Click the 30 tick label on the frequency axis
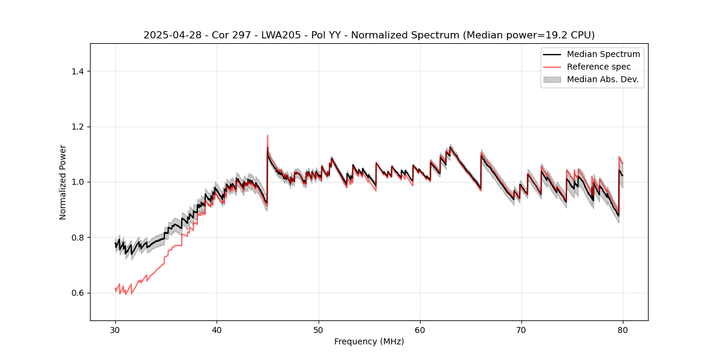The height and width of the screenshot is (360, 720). (x=115, y=329)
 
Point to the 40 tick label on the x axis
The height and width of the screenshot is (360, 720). (x=217, y=329)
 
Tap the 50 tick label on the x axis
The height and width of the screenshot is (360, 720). (x=319, y=329)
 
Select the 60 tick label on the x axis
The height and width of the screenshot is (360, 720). (x=420, y=329)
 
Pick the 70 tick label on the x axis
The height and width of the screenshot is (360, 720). (x=521, y=329)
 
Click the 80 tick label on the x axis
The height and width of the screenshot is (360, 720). (x=623, y=329)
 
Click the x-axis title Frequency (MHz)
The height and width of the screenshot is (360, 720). (x=369, y=341)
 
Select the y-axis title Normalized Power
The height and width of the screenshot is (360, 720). (x=63, y=182)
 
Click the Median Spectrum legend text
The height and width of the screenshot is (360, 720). (x=603, y=54)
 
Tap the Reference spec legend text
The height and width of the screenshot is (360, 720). (x=599, y=67)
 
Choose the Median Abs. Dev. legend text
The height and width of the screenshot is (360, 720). (x=602, y=79)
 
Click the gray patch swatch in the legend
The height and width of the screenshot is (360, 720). (x=552, y=79)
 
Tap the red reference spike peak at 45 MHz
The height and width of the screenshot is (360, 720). (x=268, y=136)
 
